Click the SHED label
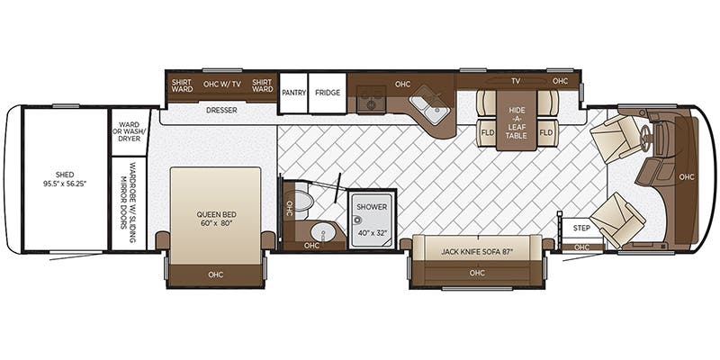[64, 179]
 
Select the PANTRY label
[293, 93]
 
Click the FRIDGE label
[328, 93]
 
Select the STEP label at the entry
[581, 228]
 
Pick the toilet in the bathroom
[303, 200]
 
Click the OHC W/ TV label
[221, 84]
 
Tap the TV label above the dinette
[516, 81]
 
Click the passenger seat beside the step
[618, 219]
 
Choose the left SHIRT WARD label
[183, 84]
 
